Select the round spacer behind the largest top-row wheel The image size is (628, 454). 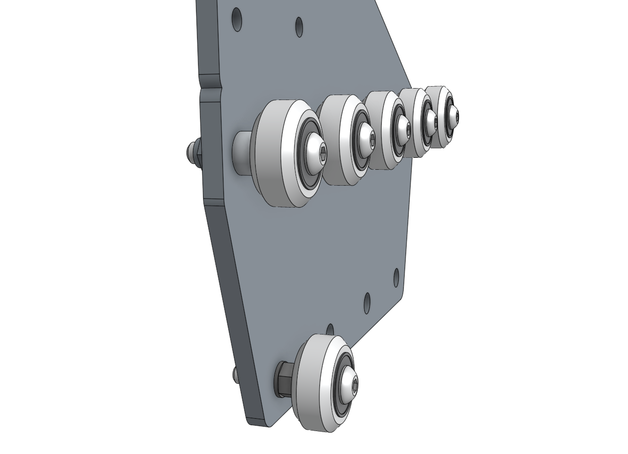point(242,153)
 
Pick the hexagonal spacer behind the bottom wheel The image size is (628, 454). point(284,379)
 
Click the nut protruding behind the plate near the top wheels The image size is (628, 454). point(193,152)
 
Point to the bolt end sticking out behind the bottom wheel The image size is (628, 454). point(235,374)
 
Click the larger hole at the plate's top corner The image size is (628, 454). point(237,19)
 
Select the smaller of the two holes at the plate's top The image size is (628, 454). point(299,27)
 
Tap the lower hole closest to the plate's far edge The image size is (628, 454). point(397,277)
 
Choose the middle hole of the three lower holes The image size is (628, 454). point(367,303)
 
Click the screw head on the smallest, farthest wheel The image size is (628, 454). point(454,116)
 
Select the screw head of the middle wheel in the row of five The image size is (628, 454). point(404,130)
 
